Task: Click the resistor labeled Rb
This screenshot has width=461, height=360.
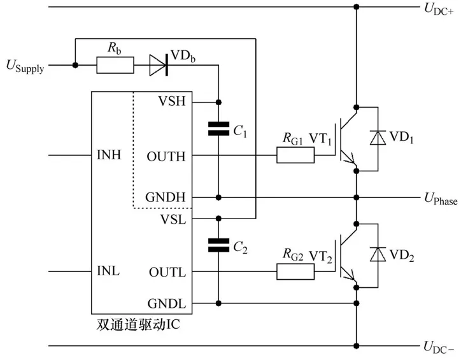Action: point(115,64)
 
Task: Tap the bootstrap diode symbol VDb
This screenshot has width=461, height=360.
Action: point(159,64)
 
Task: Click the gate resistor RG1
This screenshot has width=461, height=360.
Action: point(295,155)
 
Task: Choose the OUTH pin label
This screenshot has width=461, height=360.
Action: point(167,155)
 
